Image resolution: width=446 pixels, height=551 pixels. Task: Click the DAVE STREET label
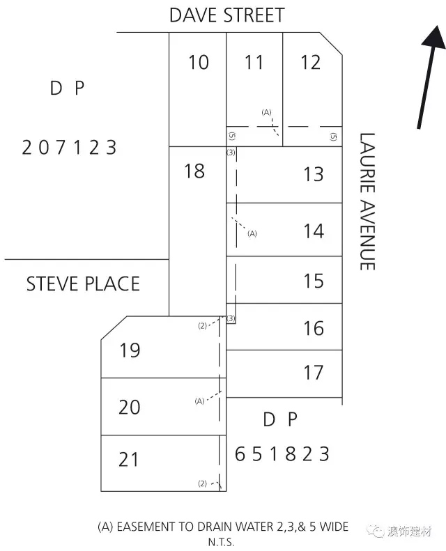pyautogui.click(x=226, y=15)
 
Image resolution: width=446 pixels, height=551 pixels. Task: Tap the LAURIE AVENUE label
pyautogui.click(x=367, y=201)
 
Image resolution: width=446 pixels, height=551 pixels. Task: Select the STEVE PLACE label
pyautogui.click(x=83, y=284)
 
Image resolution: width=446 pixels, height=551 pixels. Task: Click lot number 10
pyautogui.click(x=199, y=62)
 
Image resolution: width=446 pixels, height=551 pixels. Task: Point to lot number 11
pyautogui.click(x=254, y=62)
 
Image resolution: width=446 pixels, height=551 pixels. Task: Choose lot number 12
pyautogui.click(x=310, y=62)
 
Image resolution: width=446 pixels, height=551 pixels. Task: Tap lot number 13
pyautogui.click(x=313, y=174)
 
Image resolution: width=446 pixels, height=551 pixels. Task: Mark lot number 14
pyautogui.click(x=314, y=231)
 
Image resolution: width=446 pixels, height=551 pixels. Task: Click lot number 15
pyautogui.click(x=313, y=281)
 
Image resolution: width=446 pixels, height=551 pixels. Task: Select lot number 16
pyautogui.click(x=313, y=328)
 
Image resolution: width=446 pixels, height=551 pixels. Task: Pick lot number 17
pyautogui.click(x=313, y=372)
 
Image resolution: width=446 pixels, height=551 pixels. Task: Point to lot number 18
pyautogui.click(x=194, y=171)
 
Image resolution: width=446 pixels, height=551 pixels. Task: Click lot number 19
pyautogui.click(x=130, y=350)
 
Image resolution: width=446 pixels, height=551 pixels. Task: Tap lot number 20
pyautogui.click(x=130, y=407)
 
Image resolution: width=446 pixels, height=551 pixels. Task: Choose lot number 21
pyautogui.click(x=128, y=459)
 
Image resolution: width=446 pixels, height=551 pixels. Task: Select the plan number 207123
pyautogui.click(x=69, y=147)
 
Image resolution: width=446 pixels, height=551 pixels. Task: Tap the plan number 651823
pyautogui.click(x=282, y=453)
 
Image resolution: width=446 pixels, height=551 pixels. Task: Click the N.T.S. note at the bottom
pyautogui.click(x=221, y=541)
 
